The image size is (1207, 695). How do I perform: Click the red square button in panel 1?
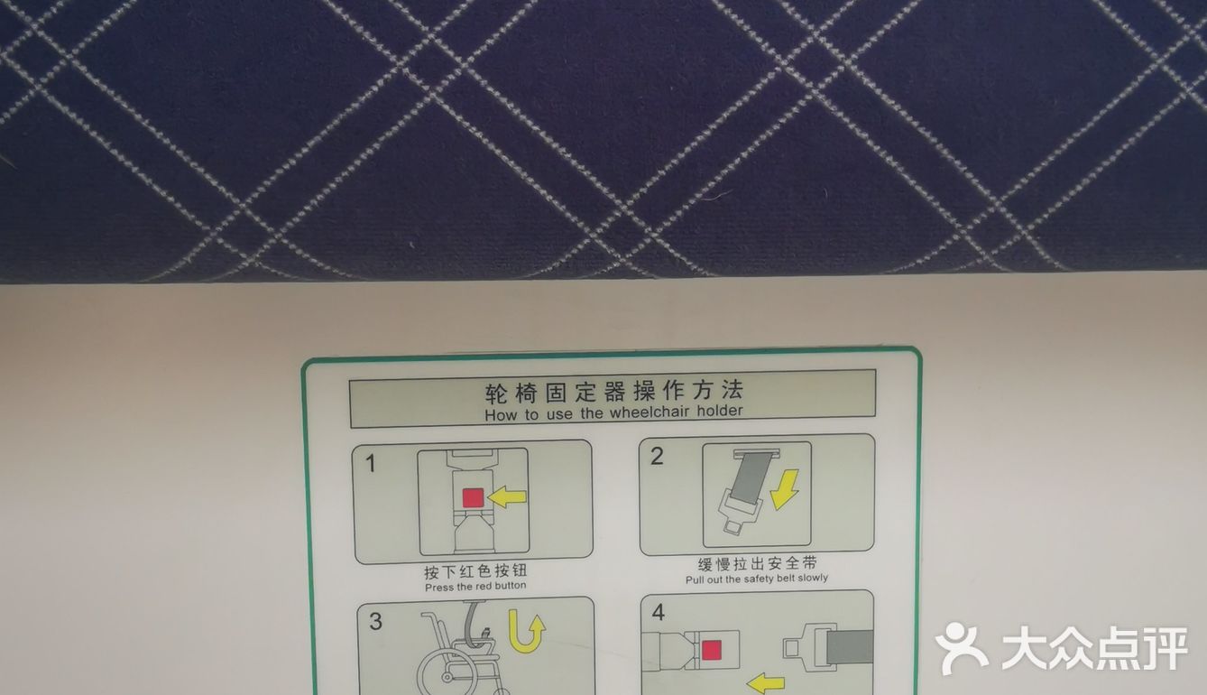pos(473,497)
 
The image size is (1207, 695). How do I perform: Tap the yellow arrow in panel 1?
pos(506,496)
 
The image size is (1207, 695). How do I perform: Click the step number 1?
pos(371,464)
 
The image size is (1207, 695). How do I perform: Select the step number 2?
pos(657,456)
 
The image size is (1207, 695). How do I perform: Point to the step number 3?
pos(375,621)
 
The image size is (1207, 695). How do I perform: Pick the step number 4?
pos(658,612)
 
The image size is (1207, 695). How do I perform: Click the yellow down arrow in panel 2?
pos(785,489)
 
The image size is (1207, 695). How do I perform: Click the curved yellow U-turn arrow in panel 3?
pos(525,632)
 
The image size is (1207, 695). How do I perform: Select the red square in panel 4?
pos(711,650)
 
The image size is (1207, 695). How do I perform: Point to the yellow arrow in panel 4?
pos(766,683)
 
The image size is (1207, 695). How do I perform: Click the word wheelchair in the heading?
pos(650,412)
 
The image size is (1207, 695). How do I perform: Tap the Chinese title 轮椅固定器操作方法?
pos(614,391)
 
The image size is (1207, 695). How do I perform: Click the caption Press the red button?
pos(475,586)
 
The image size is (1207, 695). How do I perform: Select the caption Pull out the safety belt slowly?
pos(757,579)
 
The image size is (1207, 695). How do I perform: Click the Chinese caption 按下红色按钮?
pos(475,571)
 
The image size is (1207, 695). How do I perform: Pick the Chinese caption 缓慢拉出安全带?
pos(758,563)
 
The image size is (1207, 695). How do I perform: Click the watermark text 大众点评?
pos(1094,649)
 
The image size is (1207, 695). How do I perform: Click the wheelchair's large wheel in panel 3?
pos(447,669)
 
